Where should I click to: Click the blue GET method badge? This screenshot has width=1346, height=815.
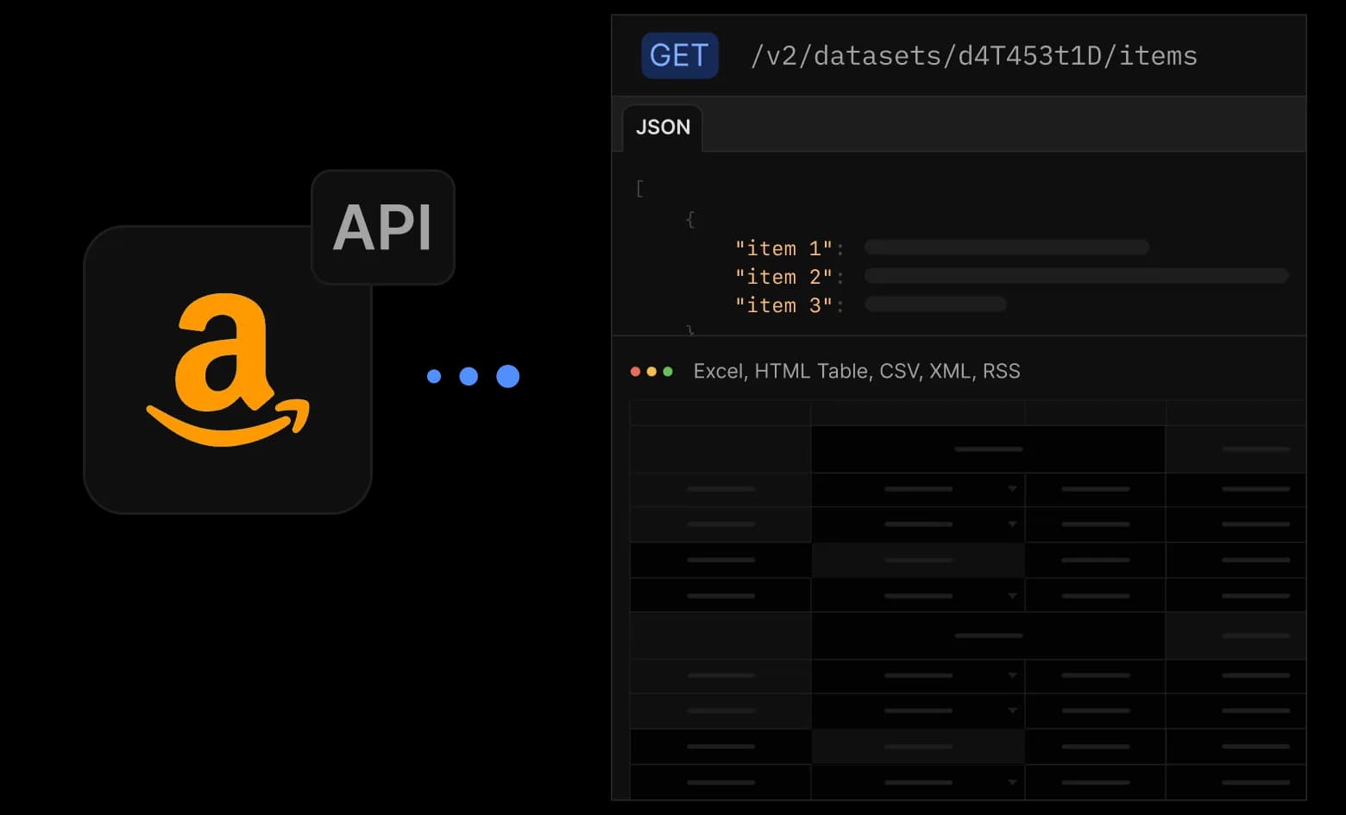(680, 55)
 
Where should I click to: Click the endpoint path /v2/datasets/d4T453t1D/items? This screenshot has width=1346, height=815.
(974, 56)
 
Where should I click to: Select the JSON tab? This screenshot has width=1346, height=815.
(663, 128)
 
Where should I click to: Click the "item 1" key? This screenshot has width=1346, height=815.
(784, 248)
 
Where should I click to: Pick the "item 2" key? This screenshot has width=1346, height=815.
(784, 277)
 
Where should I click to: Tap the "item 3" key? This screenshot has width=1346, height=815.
(784, 305)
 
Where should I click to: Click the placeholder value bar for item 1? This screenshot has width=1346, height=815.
(1007, 247)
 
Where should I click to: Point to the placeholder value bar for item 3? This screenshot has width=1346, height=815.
(935, 304)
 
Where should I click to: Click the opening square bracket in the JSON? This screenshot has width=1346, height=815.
(640, 189)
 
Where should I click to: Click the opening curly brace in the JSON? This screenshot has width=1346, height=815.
(690, 220)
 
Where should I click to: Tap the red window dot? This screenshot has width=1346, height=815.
(635, 372)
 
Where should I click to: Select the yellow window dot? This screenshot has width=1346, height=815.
(651, 372)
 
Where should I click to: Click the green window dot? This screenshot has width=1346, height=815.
(668, 372)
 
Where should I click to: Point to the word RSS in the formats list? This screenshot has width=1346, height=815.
(1001, 371)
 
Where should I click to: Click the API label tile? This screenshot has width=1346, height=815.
(383, 227)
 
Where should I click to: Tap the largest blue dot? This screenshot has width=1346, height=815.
(507, 376)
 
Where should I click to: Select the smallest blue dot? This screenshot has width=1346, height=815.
(434, 376)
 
